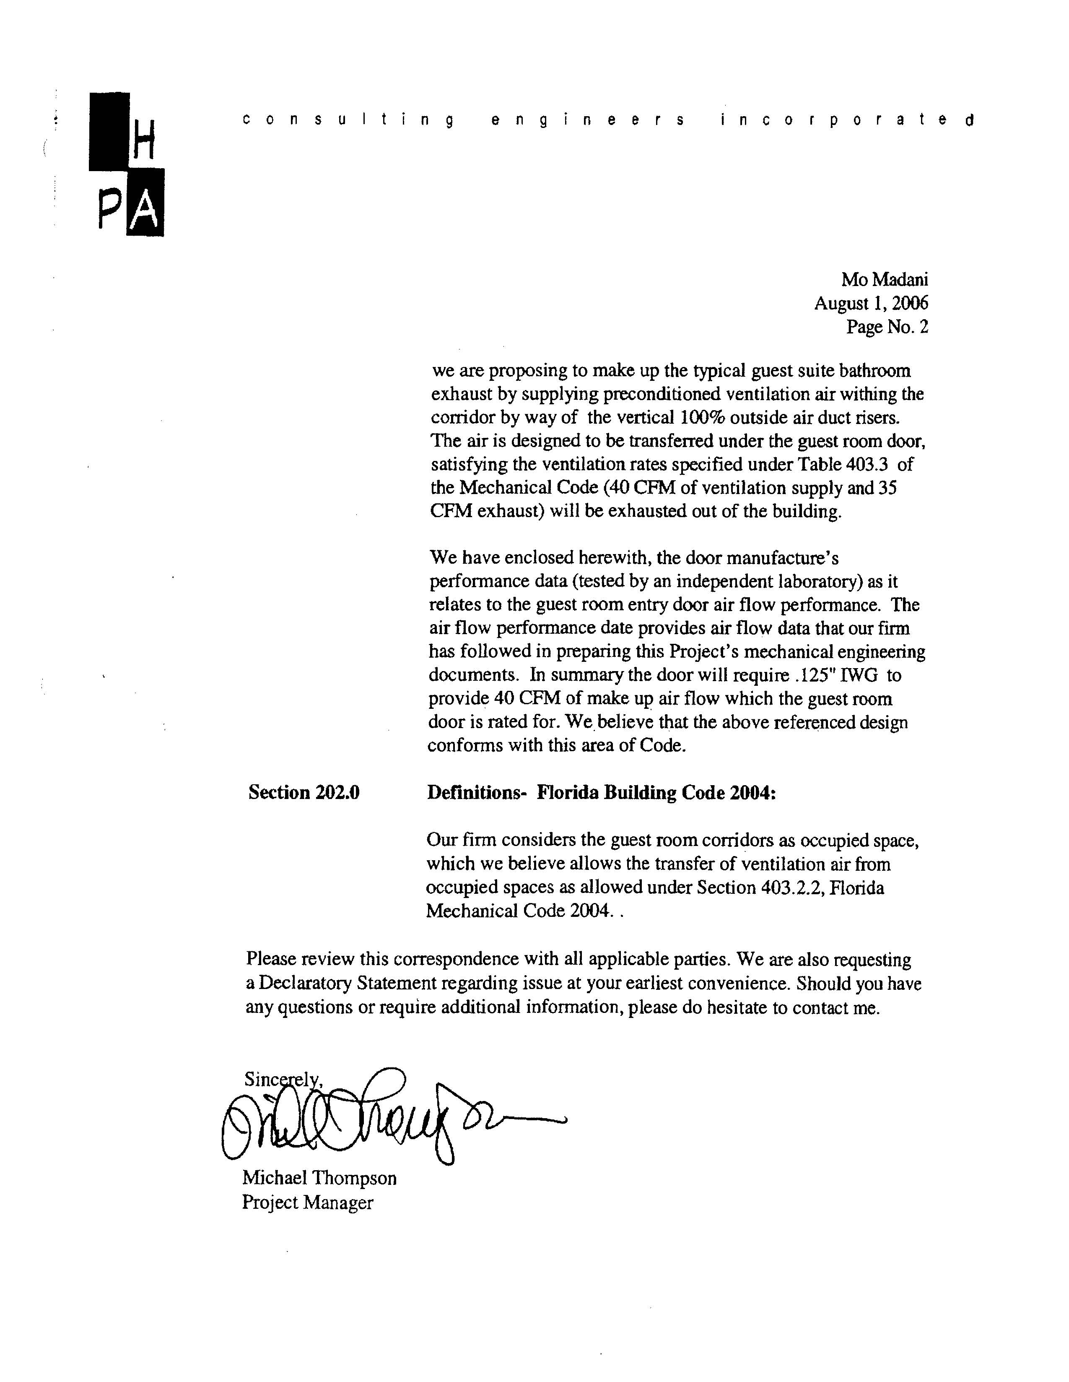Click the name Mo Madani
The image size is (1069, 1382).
(x=884, y=280)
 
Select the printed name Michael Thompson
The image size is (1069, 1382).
(x=319, y=1178)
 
